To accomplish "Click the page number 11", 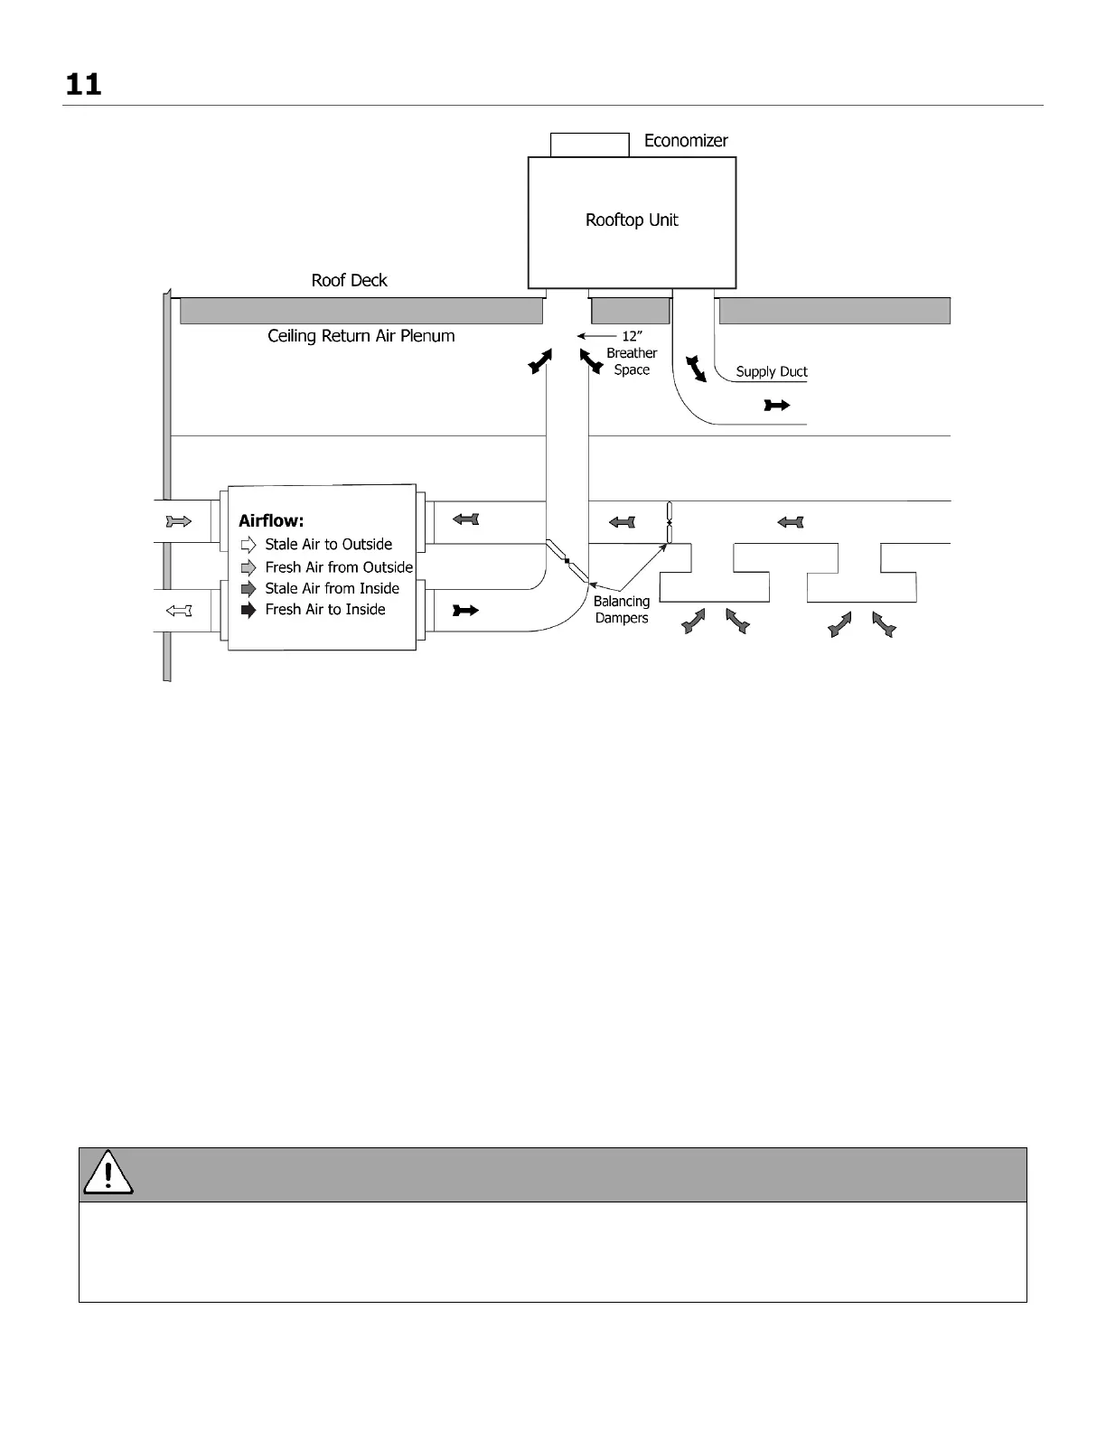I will click(x=83, y=85).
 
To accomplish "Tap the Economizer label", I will click(x=685, y=141).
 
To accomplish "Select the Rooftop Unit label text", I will click(x=632, y=220).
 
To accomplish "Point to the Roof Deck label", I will click(x=349, y=281).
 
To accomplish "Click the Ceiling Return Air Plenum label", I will click(x=361, y=336).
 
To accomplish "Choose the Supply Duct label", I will click(x=771, y=371).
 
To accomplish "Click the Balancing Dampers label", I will click(x=622, y=610).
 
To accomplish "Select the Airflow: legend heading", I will click(x=271, y=520).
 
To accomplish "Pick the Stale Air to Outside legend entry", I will click(x=328, y=545).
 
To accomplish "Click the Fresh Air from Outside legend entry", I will click(x=339, y=567).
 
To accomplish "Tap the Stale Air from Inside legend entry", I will click(x=332, y=588).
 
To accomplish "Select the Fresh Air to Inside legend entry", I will click(x=324, y=610).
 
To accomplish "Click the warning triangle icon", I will click(x=108, y=1174).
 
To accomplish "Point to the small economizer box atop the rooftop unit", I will click(x=589, y=145).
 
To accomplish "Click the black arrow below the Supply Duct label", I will click(x=776, y=406).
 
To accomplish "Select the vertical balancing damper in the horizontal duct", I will click(x=669, y=522).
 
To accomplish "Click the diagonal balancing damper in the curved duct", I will click(x=567, y=561).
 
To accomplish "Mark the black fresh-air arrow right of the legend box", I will click(x=464, y=611).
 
